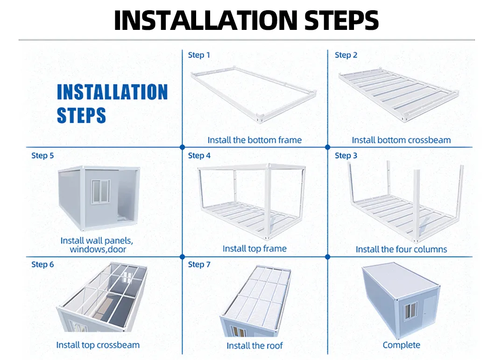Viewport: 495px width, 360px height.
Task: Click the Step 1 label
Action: [x=199, y=55]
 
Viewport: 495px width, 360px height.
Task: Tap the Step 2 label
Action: [x=346, y=55]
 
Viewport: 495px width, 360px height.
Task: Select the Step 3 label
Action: [x=346, y=155]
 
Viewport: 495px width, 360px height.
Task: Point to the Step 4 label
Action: [x=199, y=155]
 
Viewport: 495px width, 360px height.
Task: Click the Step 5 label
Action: [x=42, y=155]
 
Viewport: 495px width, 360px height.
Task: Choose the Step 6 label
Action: [x=42, y=264]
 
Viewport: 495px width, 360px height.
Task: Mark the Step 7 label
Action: [x=199, y=264]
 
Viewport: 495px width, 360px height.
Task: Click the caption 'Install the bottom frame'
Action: [x=255, y=140]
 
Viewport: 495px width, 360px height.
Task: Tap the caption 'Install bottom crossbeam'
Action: [x=401, y=140]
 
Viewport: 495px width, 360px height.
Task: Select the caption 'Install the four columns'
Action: [x=401, y=249]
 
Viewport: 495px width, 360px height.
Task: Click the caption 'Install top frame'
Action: [x=255, y=248]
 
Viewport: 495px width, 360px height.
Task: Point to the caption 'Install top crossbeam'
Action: [x=98, y=345]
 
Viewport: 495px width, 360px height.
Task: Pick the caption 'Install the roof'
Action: [x=255, y=346]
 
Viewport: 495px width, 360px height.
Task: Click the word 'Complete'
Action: [x=401, y=345]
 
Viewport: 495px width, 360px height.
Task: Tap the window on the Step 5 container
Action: [x=100, y=191]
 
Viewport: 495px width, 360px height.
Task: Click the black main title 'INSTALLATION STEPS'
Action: [x=246, y=20]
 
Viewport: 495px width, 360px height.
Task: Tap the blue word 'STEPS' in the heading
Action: [x=81, y=115]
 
